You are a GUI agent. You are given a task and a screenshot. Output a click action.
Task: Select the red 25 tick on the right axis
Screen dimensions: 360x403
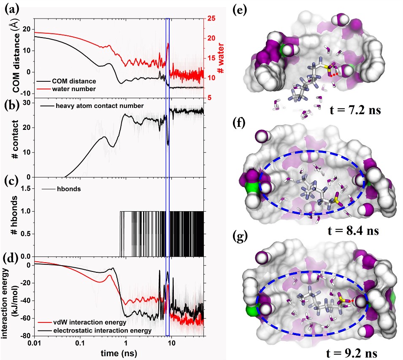click(x=210, y=19)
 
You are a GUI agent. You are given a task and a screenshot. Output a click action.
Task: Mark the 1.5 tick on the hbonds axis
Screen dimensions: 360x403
click(x=24, y=189)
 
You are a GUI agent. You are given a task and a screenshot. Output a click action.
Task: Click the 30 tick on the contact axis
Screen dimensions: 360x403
click(x=27, y=102)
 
